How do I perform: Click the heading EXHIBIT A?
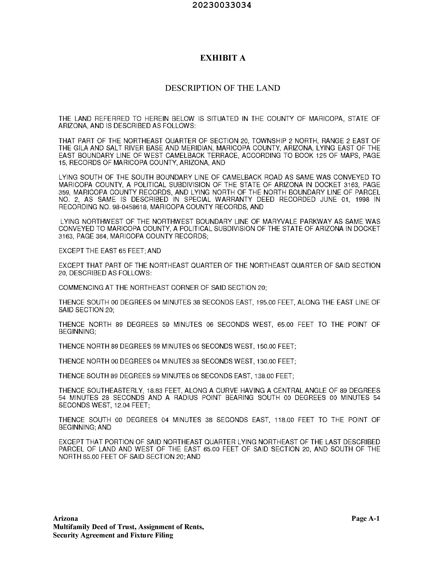pyautogui.click(x=223, y=58)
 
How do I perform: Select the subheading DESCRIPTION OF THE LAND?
pyautogui.click(x=222, y=88)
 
